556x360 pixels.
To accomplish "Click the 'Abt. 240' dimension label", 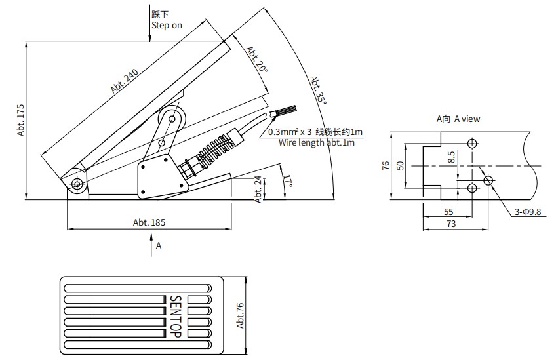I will [x=124, y=82].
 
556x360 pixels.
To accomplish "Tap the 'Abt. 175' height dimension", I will [x=21, y=119].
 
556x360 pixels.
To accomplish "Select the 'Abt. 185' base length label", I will [x=149, y=222].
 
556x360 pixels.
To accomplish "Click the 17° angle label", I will [x=287, y=182].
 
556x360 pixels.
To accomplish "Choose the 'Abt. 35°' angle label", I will [x=317, y=89].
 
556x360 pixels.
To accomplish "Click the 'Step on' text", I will [x=167, y=26].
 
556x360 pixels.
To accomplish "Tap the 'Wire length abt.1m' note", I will [x=317, y=142].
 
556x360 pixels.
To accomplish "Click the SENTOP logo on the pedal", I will [x=175, y=315].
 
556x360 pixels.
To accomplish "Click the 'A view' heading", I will [x=458, y=119].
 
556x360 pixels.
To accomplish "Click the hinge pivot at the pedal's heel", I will [x=77, y=184].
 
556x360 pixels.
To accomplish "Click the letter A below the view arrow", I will [x=159, y=246].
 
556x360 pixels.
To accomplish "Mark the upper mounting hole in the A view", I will [x=472, y=144].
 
